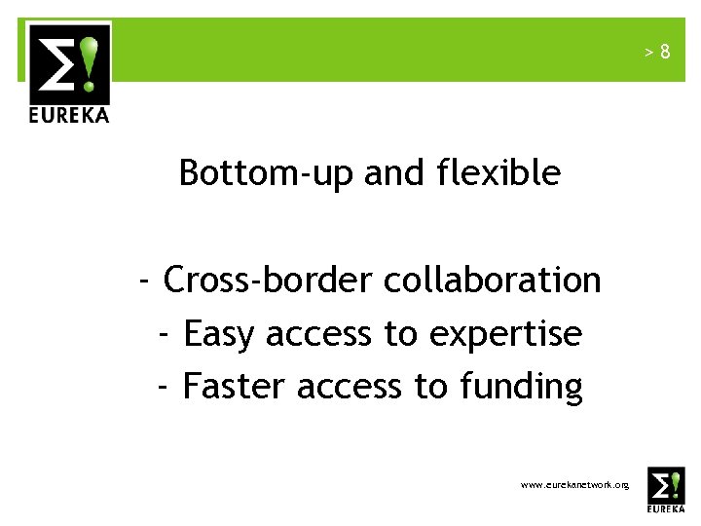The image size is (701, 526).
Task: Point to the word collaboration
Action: pyautogui.click(x=493, y=281)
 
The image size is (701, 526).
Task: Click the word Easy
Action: pyautogui.click(x=219, y=335)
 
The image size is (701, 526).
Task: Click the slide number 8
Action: pyautogui.click(x=665, y=52)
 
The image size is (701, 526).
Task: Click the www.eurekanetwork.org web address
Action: pyautogui.click(x=574, y=484)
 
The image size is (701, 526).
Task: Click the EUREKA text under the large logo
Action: pyautogui.click(x=68, y=114)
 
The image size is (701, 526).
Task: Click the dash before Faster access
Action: pyautogui.click(x=165, y=387)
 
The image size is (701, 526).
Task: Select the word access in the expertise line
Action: pyautogui.click(x=318, y=335)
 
